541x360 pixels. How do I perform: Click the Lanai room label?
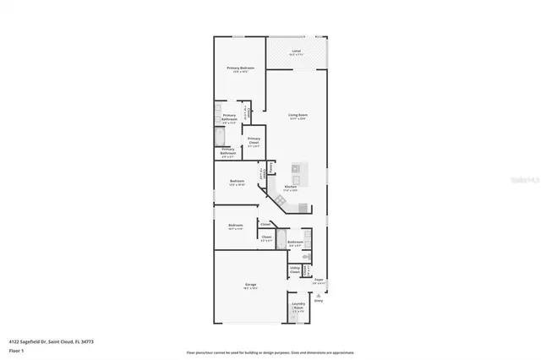pos(296,52)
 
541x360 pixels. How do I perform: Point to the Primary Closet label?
pos(254,139)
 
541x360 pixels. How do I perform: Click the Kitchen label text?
pos(290,187)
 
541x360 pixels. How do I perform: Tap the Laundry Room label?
pos(298,305)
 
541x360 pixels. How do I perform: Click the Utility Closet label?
pos(295,270)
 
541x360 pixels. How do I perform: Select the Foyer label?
pos(318,280)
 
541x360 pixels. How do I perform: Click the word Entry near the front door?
pos(319,299)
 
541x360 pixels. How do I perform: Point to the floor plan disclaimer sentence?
pos(270,352)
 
